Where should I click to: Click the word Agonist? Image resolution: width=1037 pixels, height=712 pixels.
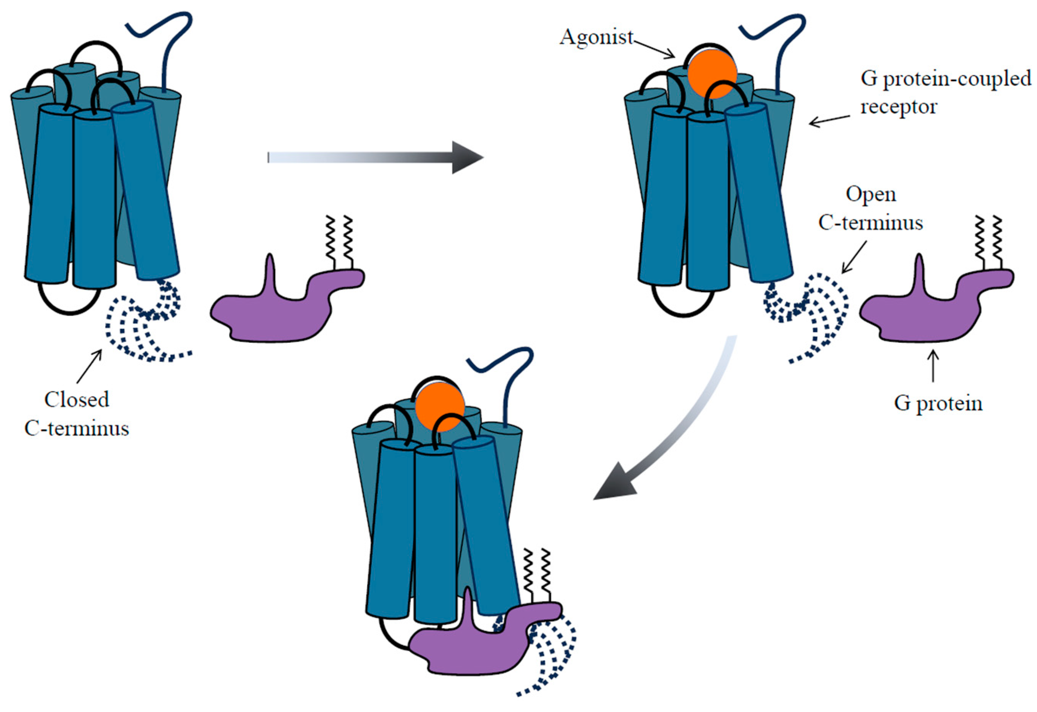[x=597, y=38]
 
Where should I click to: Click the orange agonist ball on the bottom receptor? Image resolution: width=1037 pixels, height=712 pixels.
[x=440, y=407]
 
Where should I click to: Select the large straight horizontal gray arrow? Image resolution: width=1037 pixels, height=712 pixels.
[x=375, y=157]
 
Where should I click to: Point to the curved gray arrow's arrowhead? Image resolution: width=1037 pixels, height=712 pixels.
[x=613, y=484]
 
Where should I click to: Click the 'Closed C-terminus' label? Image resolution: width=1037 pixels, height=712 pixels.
[x=77, y=414]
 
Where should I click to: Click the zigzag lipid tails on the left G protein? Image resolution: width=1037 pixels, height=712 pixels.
[x=339, y=241]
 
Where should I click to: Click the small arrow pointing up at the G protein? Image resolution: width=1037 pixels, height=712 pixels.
[x=933, y=366]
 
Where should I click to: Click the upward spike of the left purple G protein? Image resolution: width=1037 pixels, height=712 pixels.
[x=270, y=272]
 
